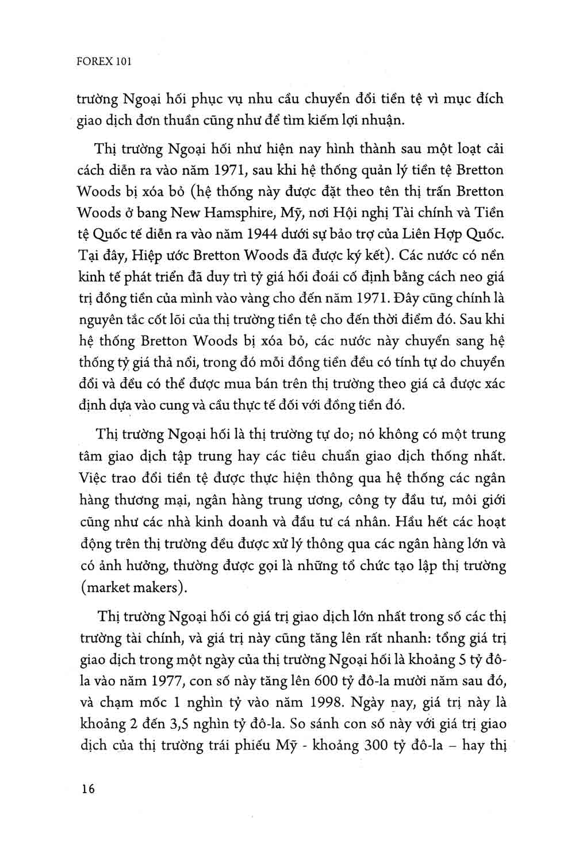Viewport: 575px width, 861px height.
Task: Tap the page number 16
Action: (88, 789)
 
